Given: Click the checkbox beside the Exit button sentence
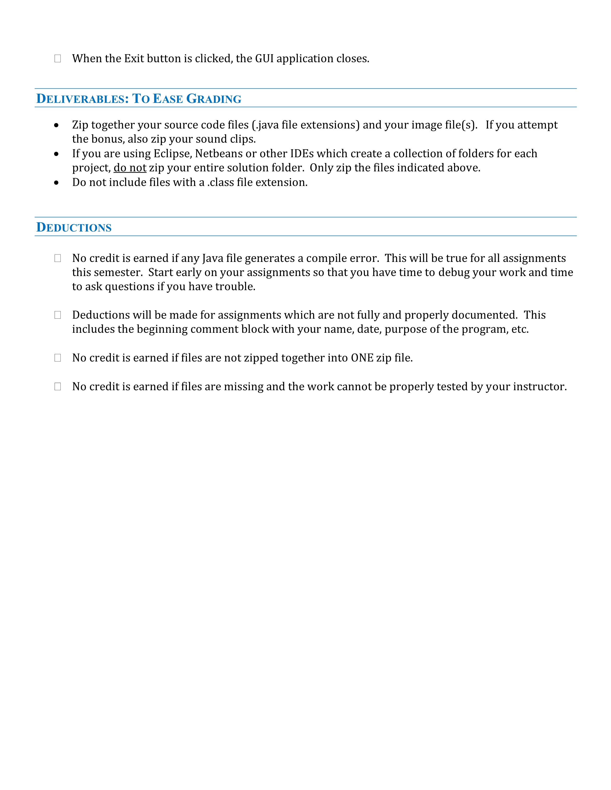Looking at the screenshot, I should click(58, 59).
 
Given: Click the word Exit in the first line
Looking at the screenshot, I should click(134, 59).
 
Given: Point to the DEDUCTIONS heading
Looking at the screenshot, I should click(74, 227).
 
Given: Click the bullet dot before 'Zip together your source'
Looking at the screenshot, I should click(56, 125).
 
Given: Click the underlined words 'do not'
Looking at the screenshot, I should click(130, 168).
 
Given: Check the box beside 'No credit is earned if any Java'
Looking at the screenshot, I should click(58, 258).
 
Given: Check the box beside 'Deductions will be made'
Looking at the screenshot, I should click(58, 315).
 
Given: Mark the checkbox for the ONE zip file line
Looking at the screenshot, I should click(58, 358).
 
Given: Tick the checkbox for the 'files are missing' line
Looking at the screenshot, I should click(58, 387).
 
